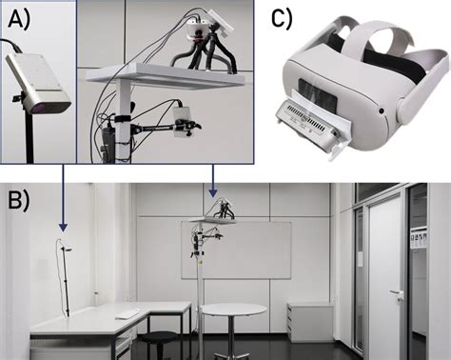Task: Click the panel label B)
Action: pyautogui.click(x=19, y=201)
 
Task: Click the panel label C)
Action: pyautogui.click(x=283, y=19)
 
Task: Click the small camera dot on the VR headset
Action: pyautogui.click(x=382, y=111)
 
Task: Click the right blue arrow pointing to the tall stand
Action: pyautogui.click(x=213, y=180)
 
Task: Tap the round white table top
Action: pyautogui.click(x=234, y=310)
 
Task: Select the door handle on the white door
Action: pyautogui.click(x=396, y=292)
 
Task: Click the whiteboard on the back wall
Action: pyautogui.click(x=236, y=250)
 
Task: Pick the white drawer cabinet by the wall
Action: pyautogui.click(x=309, y=321)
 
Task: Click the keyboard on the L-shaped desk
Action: pyautogui.click(x=127, y=313)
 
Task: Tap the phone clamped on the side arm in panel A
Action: pyautogui.click(x=182, y=122)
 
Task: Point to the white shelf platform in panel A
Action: pyautogui.click(x=167, y=75)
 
